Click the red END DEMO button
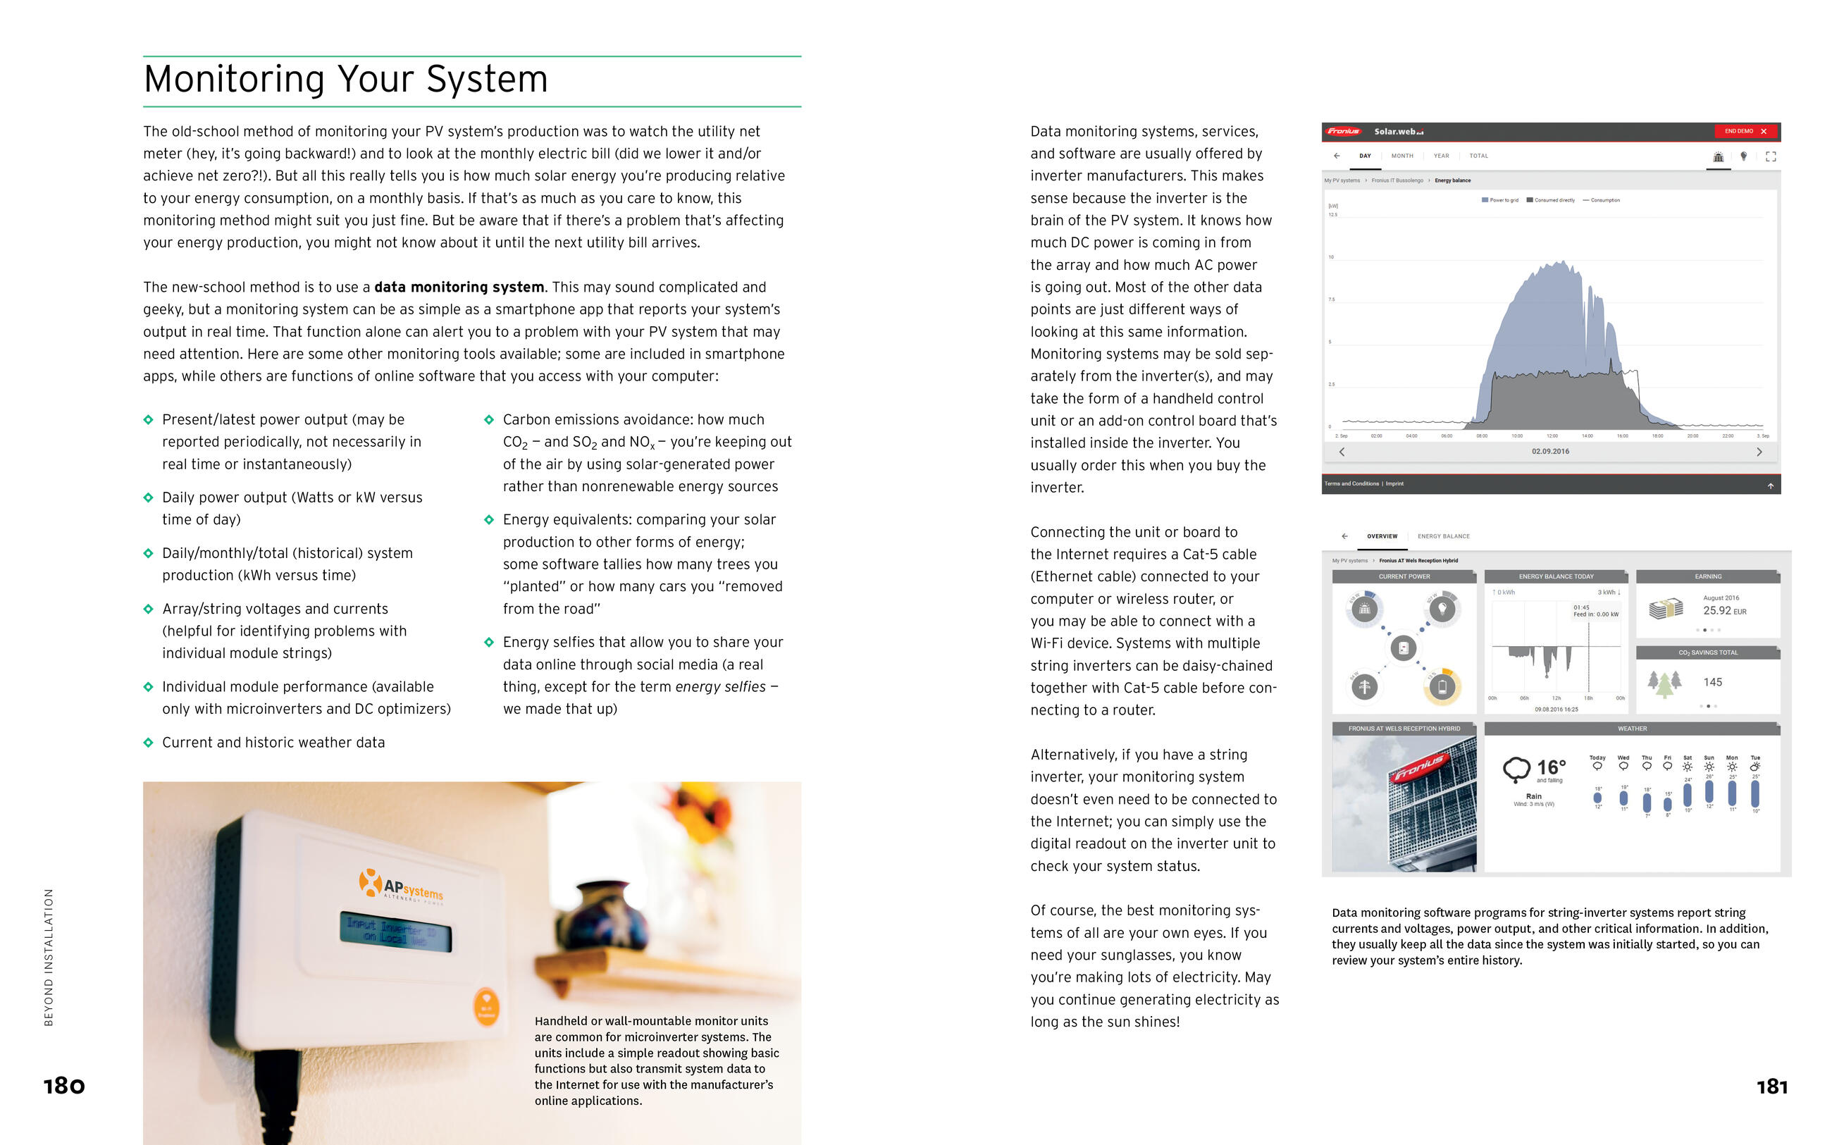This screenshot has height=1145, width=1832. click(1744, 131)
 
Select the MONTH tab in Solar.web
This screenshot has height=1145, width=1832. click(1402, 156)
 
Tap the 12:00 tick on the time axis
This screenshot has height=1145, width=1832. click(1552, 436)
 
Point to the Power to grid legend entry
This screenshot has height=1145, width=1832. click(1499, 200)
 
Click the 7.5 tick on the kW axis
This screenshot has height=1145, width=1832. click(1332, 300)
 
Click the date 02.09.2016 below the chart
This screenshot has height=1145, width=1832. click(1549, 452)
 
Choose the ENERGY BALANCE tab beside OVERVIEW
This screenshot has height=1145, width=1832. click(1443, 536)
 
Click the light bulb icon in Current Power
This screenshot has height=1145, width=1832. click(1442, 608)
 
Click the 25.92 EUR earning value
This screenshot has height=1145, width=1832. click(1723, 610)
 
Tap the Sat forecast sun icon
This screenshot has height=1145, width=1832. click(1688, 767)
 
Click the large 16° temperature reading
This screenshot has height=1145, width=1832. click(1549, 767)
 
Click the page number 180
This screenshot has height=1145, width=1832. click(64, 1086)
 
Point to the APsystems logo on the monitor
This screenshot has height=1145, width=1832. click(401, 885)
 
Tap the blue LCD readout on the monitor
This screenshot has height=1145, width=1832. click(395, 932)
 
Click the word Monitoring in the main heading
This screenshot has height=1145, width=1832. click(233, 79)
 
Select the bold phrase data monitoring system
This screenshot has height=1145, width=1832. click(459, 287)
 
